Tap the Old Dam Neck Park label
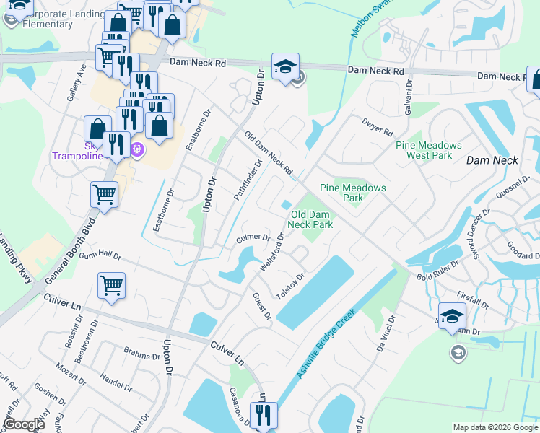tap(310, 219)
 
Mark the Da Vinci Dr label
tap(386, 333)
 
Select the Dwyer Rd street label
tap(378, 128)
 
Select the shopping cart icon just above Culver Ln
tap(111, 285)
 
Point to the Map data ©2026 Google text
tap(495, 427)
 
